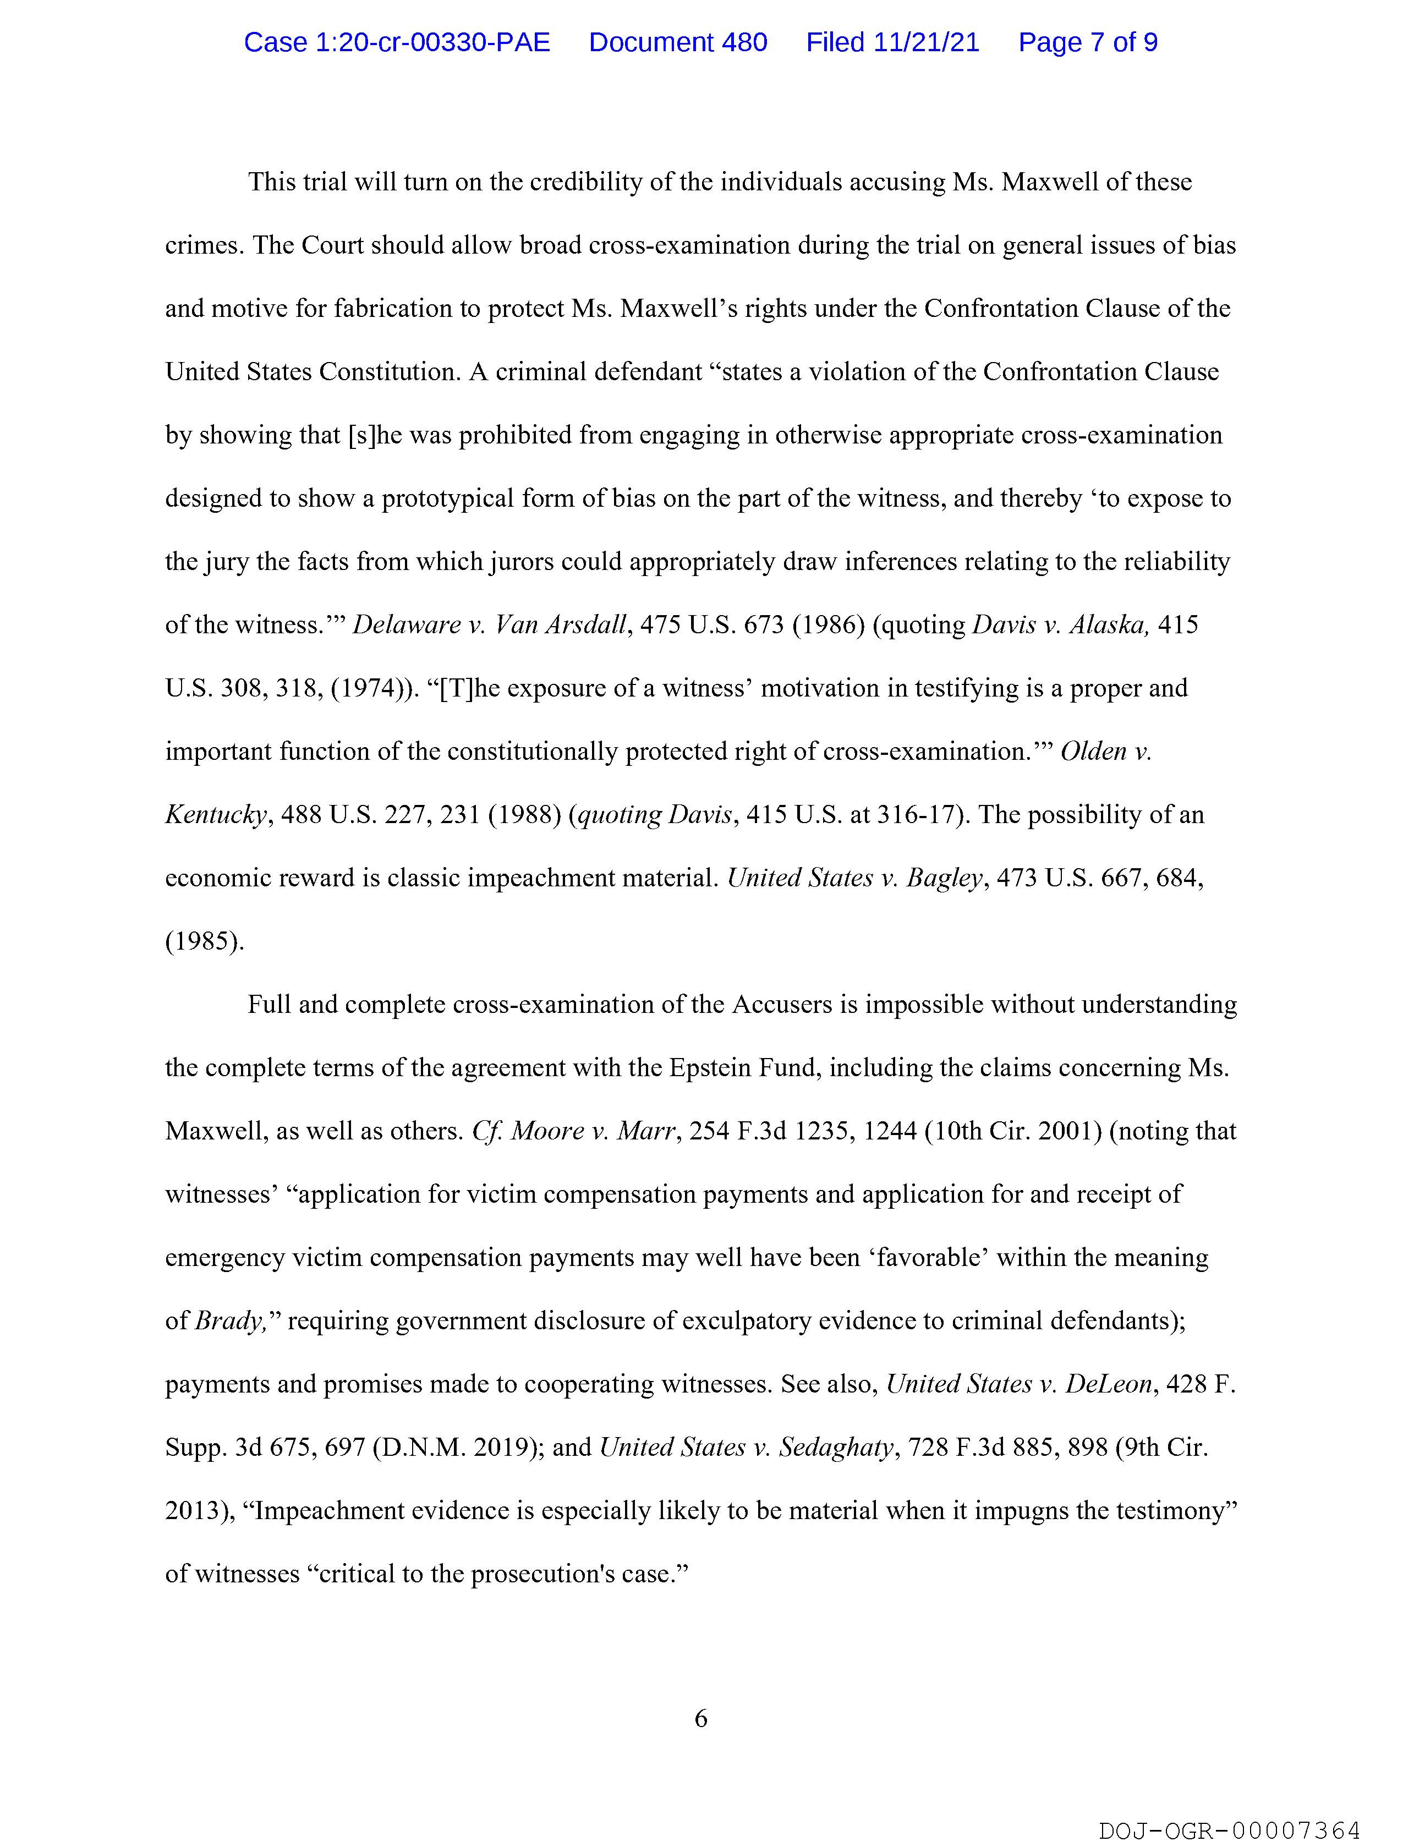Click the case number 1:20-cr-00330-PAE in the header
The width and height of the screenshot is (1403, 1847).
(x=397, y=42)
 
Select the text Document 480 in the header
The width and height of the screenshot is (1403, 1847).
(x=677, y=42)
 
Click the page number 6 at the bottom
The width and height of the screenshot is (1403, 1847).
(x=700, y=1718)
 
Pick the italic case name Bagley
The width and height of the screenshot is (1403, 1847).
(x=944, y=878)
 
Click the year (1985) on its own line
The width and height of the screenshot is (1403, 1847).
(x=205, y=941)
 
